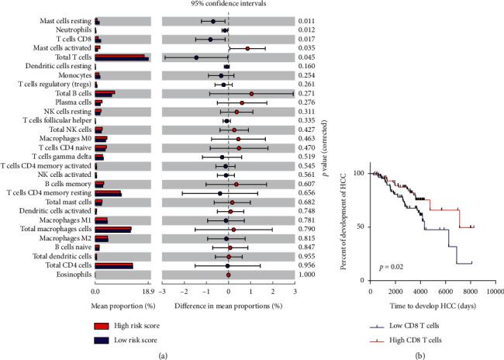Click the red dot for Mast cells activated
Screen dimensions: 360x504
point(247,48)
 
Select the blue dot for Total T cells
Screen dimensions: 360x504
point(197,57)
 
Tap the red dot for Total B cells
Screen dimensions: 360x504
point(251,93)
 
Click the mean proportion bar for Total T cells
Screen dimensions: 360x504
point(121,57)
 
